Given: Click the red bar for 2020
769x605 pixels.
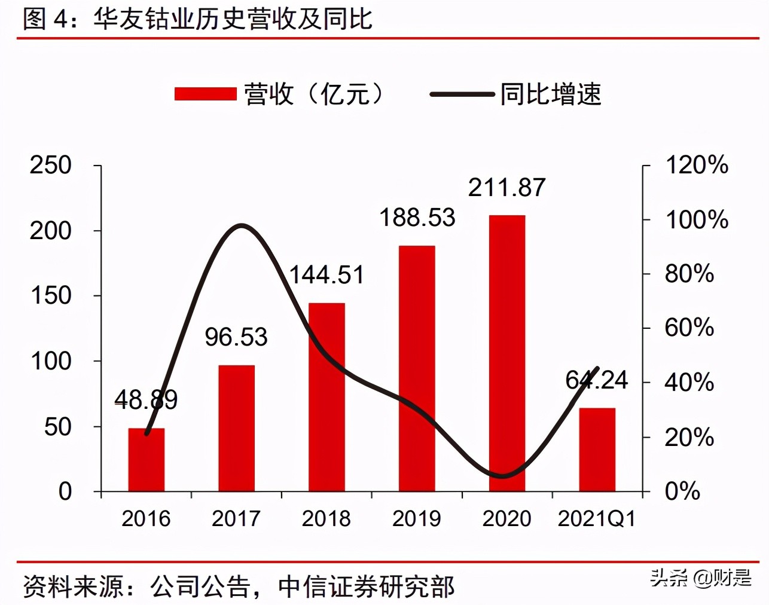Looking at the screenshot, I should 506,353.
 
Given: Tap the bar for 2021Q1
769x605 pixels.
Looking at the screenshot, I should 597,450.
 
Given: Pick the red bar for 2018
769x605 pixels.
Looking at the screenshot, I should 326,397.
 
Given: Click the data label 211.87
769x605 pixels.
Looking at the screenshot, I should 506,188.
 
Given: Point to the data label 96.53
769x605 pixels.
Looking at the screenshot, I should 236,337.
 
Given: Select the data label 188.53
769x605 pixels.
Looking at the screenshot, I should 417,218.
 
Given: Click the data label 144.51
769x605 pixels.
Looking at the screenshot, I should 326,275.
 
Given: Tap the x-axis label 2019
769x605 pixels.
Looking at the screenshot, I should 417,518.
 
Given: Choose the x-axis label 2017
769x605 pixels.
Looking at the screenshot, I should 236,518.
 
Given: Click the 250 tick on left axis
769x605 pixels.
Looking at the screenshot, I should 51,166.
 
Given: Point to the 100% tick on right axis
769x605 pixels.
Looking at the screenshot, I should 697,220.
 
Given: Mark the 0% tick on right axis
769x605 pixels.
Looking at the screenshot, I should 682,491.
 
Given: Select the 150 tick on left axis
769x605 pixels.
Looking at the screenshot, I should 51,295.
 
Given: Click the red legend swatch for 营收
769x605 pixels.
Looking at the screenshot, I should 205,94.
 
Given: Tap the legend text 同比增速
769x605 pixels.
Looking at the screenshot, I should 551,94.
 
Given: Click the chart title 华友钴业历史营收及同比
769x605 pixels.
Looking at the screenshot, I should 233,19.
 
